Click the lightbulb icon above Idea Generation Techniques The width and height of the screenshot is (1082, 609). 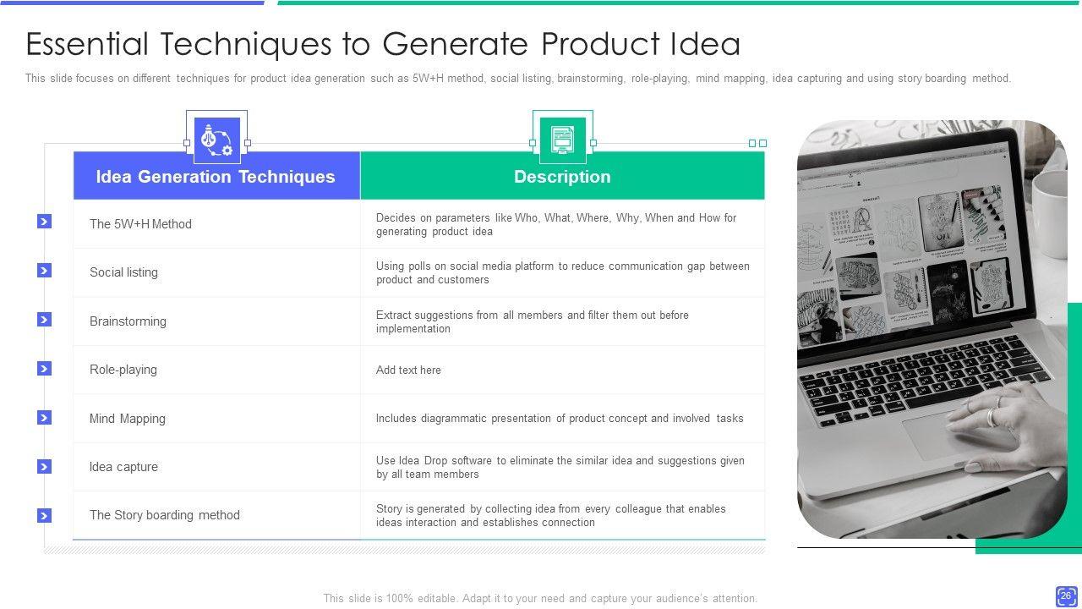(x=217, y=140)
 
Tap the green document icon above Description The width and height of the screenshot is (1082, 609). (x=563, y=140)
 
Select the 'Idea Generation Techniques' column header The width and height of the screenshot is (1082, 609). (x=216, y=177)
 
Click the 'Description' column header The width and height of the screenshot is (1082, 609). (x=562, y=177)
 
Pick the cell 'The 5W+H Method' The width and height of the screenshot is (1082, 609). (x=140, y=224)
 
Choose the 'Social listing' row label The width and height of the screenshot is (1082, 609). (x=123, y=272)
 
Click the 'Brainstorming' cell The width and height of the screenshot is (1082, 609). (x=128, y=321)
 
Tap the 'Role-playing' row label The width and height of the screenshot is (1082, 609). (x=123, y=370)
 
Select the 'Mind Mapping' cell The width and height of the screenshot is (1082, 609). (x=128, y=418)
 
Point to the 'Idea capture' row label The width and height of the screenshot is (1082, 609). (x=123, y=466)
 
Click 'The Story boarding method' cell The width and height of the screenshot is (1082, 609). (x=165, y=515)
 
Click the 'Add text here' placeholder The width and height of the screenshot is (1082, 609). (x=408, y=370)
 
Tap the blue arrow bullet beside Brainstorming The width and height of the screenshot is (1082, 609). (x=45, y=320)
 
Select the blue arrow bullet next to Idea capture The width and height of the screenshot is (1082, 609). (x=45, y=466)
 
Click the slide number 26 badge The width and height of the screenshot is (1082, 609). (x=1066, y=596)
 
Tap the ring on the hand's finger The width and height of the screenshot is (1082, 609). (x=992, y=417)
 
